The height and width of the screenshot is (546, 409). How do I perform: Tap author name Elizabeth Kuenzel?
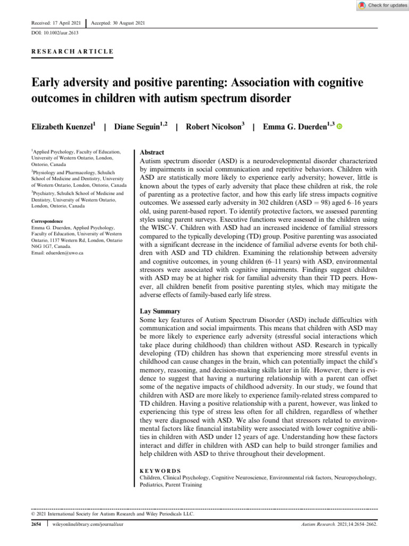point(62,127)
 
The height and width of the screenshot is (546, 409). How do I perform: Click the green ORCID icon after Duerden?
point(339,127)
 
